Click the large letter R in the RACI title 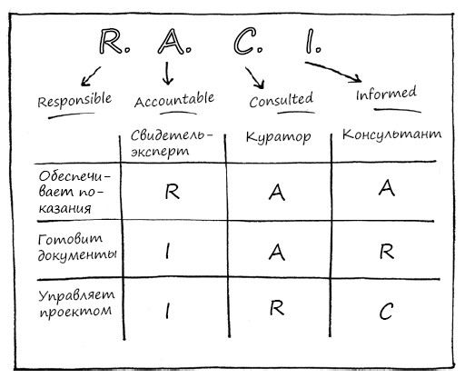111,41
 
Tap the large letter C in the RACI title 244,41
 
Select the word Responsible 74,100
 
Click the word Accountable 174,99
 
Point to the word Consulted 281,100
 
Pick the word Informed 386,94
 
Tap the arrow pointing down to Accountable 167,73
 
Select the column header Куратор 278,136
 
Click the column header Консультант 391,134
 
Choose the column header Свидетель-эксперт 172,143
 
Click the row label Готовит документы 77,247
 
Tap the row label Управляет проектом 76,303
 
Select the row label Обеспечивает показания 74,192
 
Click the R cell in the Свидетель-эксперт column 173,192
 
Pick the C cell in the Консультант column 386,312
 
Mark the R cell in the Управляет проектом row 277,308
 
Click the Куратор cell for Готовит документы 277,252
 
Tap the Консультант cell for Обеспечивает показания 387,188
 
